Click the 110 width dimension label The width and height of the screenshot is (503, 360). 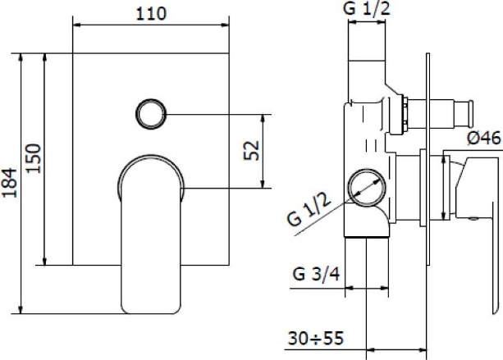(151, 14)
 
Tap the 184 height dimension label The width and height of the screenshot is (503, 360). (9, 183)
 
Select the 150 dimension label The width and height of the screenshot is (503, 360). (34, 158)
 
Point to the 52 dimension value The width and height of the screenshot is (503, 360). (251, 150)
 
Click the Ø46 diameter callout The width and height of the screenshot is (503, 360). (484, 138)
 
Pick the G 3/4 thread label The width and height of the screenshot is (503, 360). (316, 275)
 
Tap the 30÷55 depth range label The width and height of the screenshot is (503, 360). (316, 338)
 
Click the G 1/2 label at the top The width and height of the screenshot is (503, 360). (367, 8)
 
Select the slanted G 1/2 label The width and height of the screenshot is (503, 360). (309, 210)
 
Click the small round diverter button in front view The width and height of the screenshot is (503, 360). (151, 114)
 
